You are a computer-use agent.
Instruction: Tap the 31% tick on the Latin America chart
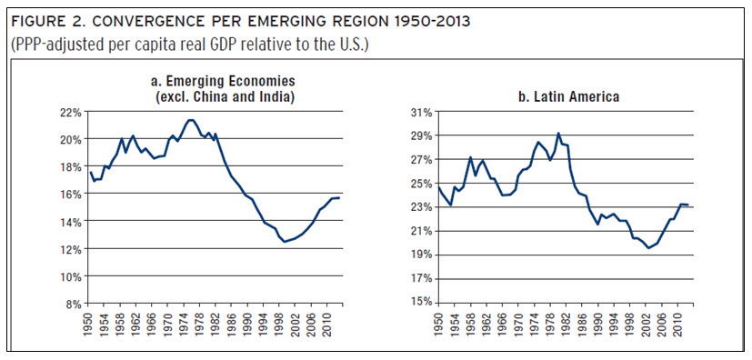tap(419, 112)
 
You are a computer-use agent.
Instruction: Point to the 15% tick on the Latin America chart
tap(419, 304)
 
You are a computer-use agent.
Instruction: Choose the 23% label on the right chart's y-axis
tap(419, 207)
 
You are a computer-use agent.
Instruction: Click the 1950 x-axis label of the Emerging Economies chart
tap(91, 323)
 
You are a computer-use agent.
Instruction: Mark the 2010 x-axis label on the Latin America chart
tap(679, 323)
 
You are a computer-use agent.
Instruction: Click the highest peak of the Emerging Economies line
tap(190, 120)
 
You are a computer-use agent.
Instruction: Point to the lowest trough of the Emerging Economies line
tap(286, 241)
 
